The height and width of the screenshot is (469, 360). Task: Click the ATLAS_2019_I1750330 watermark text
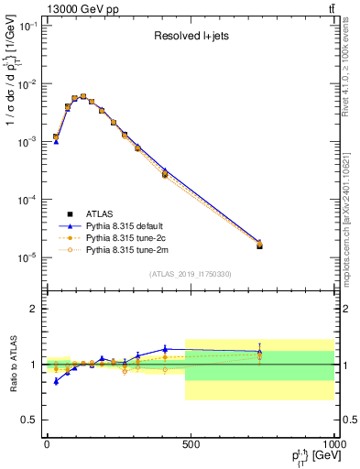pyautogui.click(x=191, y=274)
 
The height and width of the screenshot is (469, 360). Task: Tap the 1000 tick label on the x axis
pyautogui.click(x=332, y=444)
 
